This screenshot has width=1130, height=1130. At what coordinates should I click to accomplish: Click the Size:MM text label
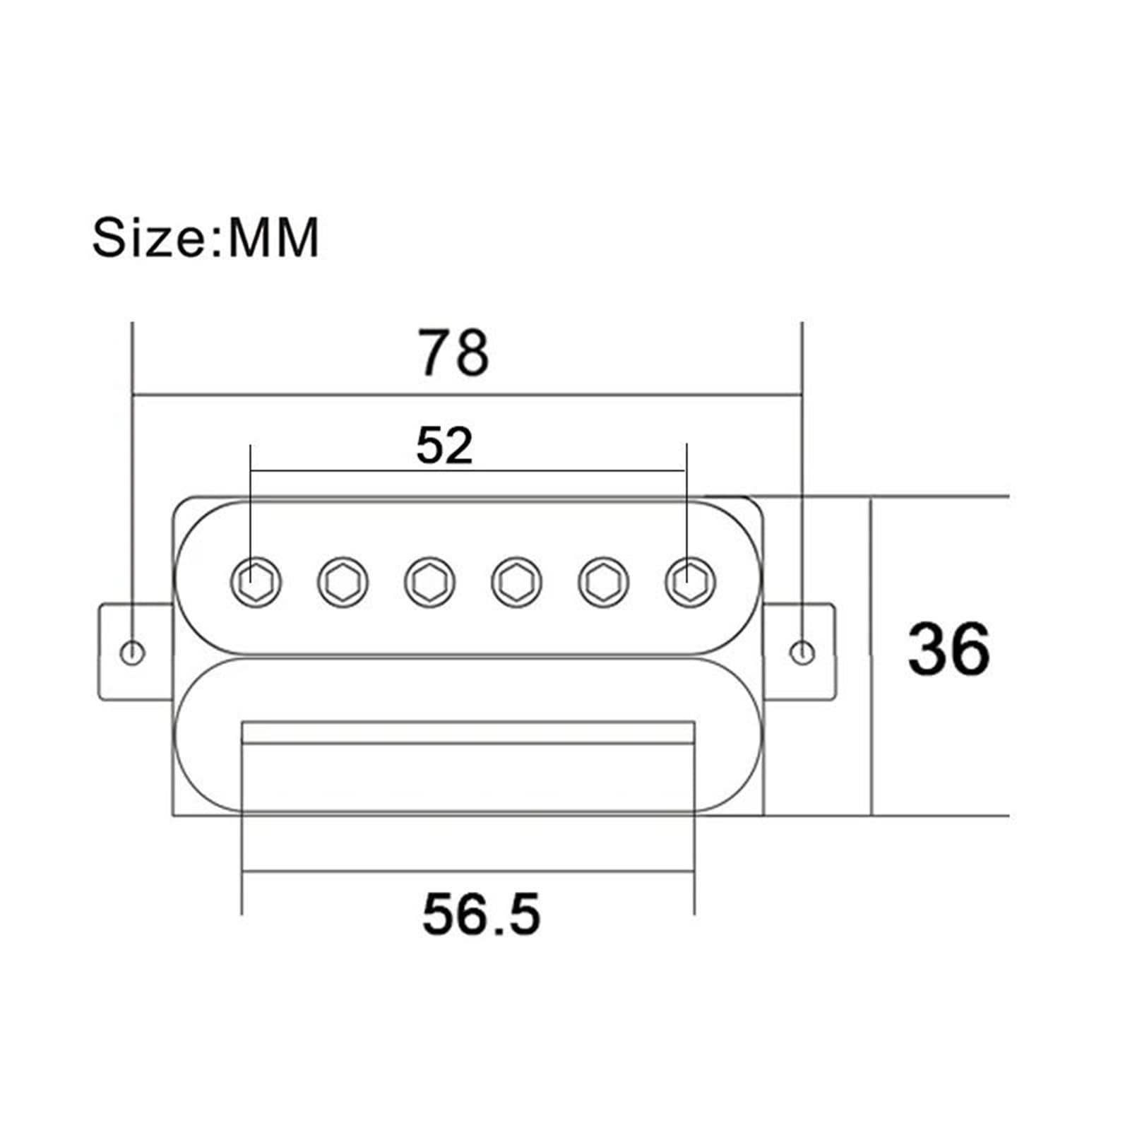(206, 237)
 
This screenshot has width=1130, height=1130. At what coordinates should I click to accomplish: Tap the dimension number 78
(453, 352)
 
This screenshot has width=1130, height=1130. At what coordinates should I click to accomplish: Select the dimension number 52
(444, 446)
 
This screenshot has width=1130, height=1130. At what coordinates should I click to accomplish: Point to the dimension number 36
(948, 648)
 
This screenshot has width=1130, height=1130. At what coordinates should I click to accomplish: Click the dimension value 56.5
(481, 914)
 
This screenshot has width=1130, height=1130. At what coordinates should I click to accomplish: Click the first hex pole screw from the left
(256, 582)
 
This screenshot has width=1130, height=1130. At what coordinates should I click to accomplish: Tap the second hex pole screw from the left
(343, 582)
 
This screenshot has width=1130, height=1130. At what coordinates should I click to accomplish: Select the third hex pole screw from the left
(430, 582)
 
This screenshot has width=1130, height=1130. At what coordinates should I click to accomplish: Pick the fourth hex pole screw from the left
(517, 582)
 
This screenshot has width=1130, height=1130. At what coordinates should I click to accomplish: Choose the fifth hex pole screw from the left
(604, 582)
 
